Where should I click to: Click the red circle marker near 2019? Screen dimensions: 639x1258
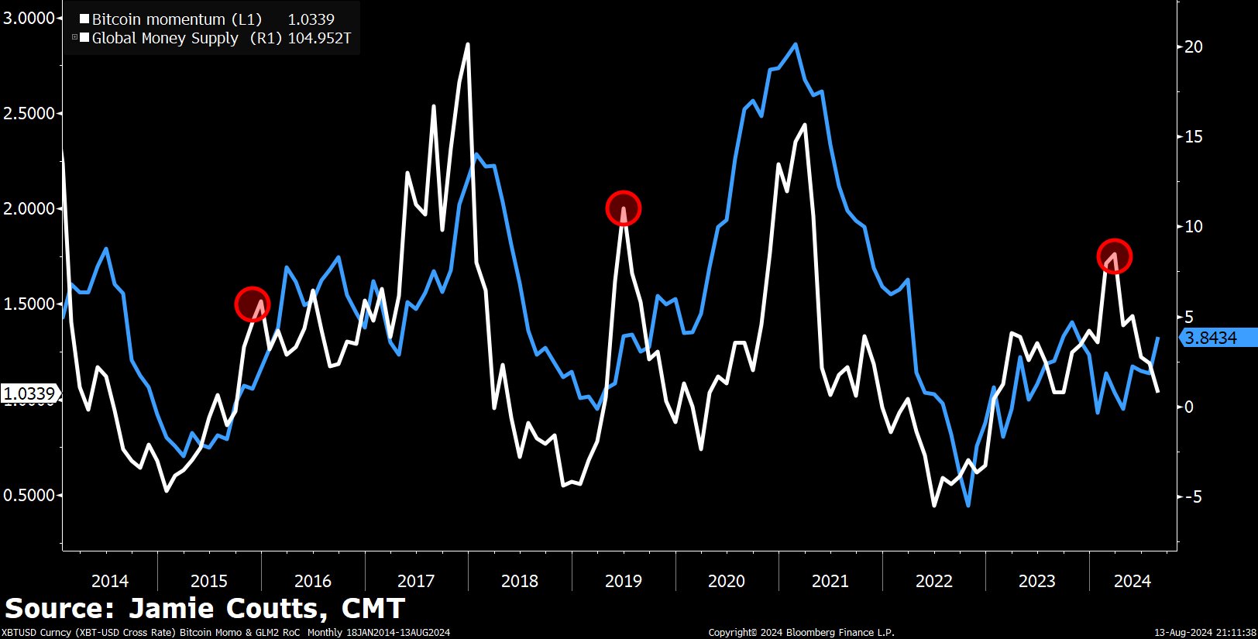click(623, 208)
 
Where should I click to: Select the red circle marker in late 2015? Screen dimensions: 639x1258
click(252, 304)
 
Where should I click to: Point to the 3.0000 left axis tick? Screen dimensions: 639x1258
click(29, 18)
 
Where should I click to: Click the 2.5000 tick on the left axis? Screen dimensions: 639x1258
click(29, 113)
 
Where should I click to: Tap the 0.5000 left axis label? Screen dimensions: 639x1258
click(29, 495)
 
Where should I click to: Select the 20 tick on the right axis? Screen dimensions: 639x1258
click(1194, 46)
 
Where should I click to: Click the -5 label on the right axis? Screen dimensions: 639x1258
click(1192, 496)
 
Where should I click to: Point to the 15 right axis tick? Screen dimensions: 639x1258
click(1194, 136)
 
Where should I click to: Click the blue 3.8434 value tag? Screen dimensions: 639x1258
click(1211, 338)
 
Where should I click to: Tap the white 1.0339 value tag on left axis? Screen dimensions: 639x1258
click(29, 393)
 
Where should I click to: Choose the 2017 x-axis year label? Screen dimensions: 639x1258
click(416, 581)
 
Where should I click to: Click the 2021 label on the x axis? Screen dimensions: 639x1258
click(830, 581)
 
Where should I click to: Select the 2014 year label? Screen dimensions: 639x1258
click(110, 581)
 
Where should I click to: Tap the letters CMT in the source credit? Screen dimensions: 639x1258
click(373, 609)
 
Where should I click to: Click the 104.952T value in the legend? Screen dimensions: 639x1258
click(319, 38)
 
